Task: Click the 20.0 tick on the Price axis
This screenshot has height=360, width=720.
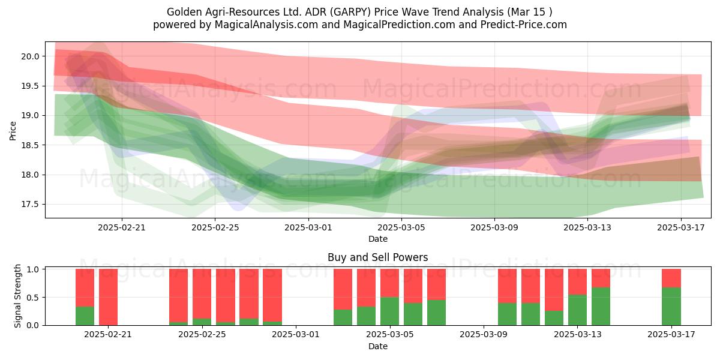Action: (x=30, y=56)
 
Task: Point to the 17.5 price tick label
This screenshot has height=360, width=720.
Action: (x=30, y=205)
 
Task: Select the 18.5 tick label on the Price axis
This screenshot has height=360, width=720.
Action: (x=30, y=145)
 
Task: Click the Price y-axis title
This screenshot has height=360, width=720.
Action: (x=13, y=131)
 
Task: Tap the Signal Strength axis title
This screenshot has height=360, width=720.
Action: (x=17, y=296)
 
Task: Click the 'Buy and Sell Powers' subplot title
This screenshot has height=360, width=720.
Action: (x=377, y=257)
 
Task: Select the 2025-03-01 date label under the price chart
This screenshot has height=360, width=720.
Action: (x=308, y=227)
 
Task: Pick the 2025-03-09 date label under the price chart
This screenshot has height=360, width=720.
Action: (x=494, y=227)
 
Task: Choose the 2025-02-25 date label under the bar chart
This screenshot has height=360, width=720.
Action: (x=202, y=335)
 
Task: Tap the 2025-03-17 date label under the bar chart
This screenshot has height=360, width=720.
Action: (x=671, y=335)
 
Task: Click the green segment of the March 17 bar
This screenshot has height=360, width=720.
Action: (x=671, y=307)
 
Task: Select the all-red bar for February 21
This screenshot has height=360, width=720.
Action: (x=109, y=297)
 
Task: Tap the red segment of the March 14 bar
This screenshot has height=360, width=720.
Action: (x=601, y=278)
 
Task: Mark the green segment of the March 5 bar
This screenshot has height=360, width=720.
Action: (x=389, y=311)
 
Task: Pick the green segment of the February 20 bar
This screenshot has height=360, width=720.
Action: (x=85, y=316)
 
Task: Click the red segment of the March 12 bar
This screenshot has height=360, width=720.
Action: (x=554, y=290)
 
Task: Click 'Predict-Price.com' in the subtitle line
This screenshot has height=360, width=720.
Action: (x=524, y=25)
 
